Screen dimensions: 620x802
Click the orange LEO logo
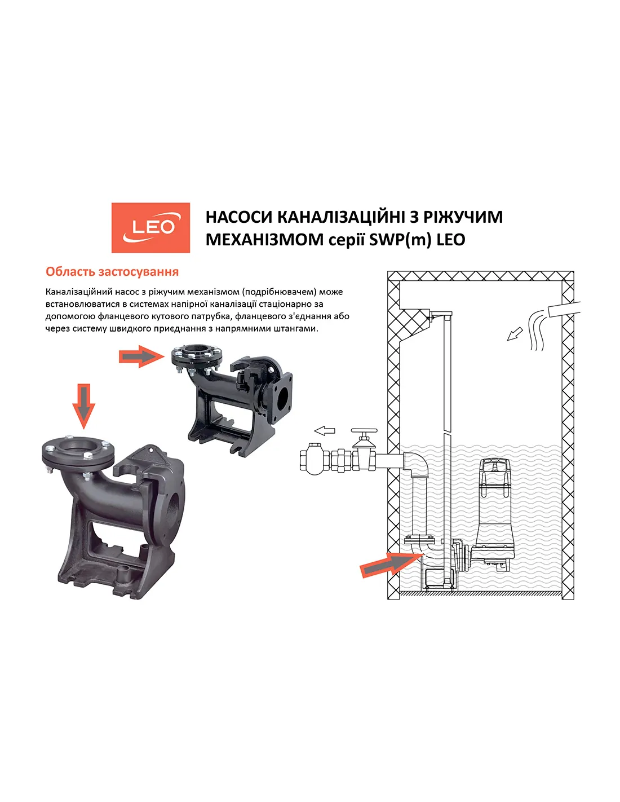[150, 227]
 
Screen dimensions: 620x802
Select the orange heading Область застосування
[112, 272]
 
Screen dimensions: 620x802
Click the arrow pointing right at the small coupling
[141, 356]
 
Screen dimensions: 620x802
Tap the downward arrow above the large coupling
[84, 406]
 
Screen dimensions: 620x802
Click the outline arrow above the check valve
[325, 431]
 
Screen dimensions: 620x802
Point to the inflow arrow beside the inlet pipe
[515, 334]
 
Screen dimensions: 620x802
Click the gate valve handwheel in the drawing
[364, 431]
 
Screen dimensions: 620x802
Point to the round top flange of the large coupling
[78, 450]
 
